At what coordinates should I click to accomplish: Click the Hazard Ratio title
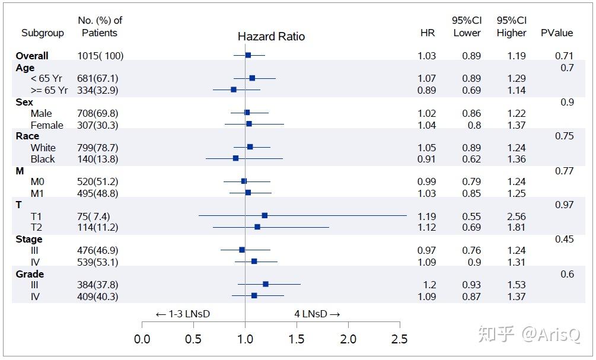(x=271, y=37)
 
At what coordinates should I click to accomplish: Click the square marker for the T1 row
(x=264, y=215)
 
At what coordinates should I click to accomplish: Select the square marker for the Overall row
(x=248, y=55)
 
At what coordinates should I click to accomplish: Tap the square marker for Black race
(x=235, y=158)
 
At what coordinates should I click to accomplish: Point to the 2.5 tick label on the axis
(x=400, y=339)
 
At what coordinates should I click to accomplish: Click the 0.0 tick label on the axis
(x=142, y=339)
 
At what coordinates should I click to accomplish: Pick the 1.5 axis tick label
(x=297, y=339)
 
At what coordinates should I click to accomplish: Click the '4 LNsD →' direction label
(x=317, y=314)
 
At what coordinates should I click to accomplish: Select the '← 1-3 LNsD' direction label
(x=183, y=314)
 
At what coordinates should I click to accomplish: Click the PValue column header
(x=556, y=33)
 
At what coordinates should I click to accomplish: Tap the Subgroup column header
(x=43, y=33)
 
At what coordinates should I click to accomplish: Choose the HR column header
(x=427, y=33)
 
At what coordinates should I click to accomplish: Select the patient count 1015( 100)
(x=100, y=56)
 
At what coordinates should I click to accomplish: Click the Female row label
(x=47, y=125)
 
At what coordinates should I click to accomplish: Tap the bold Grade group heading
(x=30, y=274)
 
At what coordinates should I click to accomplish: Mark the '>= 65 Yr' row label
(x=49, y=90)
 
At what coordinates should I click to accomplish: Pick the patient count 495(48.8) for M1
(x=98, y=193)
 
